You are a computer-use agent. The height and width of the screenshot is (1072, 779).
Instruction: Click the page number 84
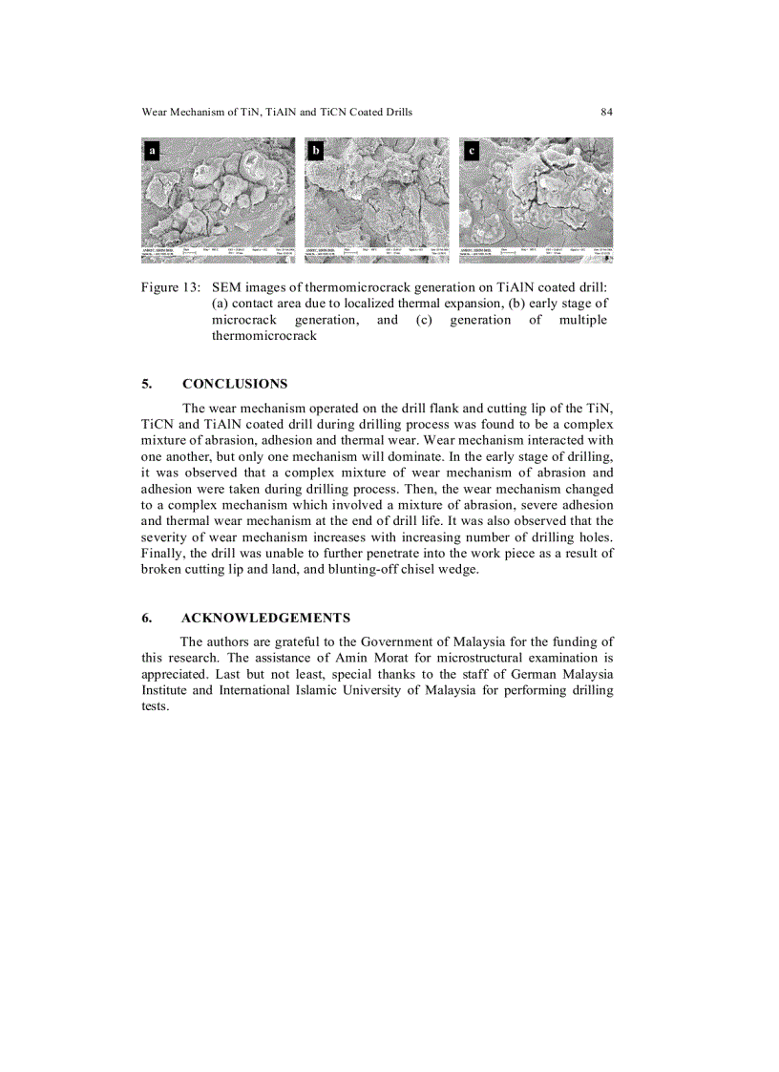click(x=606, y=112)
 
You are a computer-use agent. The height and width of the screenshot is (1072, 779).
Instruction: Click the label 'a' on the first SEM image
click(x=151, y=150)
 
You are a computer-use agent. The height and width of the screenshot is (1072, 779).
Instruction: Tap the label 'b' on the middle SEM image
click(x=316, y=150)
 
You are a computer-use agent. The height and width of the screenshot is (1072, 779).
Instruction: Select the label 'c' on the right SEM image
click(x=471, y=150)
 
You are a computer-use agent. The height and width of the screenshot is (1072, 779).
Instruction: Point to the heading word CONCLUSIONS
click(x=234, y=384)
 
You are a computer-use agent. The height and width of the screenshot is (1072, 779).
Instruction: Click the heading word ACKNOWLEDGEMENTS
click(x=265, y=618)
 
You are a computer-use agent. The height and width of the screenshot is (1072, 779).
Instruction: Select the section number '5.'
click(x=147, y=384)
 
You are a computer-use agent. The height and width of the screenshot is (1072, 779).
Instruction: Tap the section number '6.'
click(x=147, y=618)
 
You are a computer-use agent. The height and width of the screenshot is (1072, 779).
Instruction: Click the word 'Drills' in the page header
click(x=397, y=112)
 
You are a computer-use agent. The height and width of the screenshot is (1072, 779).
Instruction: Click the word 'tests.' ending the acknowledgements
click(x=155, y=706)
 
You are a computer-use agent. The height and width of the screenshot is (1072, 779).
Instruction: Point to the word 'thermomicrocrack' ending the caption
click(x=263, y=336)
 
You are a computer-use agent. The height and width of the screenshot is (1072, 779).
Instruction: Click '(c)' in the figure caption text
click(x=425, y=320)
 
